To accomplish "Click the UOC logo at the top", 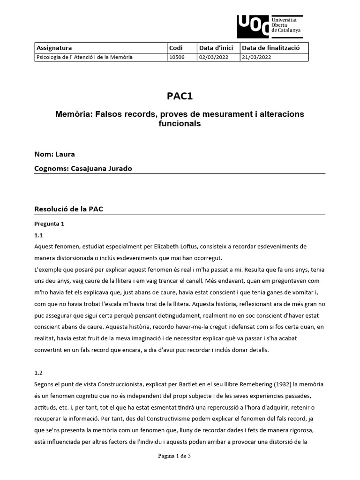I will click(269, 26).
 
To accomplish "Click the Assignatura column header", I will click(54, 48).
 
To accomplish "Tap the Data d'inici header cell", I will click(216, 48).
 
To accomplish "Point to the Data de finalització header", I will click(268, 48).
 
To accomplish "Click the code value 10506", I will click(177, 57).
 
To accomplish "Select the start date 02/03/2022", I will click(213, 57).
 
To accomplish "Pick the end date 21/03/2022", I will click(255, 57).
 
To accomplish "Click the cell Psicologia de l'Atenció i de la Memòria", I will click(84, 57).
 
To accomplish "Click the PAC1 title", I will click(180, 96).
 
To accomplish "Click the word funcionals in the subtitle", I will click(180, 124).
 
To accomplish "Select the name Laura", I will click(65, 154).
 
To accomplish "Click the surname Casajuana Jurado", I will click(101, 168).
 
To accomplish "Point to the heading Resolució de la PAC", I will click(68, 209).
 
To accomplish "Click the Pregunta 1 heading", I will click(49, 224).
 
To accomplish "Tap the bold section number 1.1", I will click(39, 235).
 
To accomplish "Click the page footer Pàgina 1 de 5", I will click(180, 468).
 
